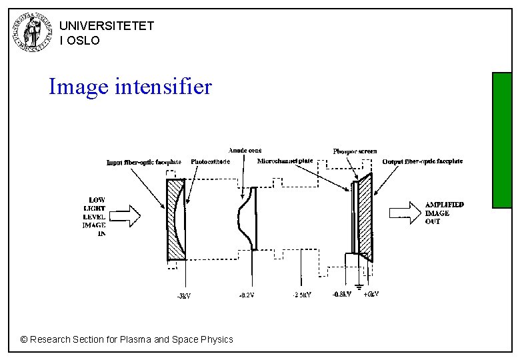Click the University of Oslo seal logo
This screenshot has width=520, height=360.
31,32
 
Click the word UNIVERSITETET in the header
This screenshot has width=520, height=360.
107,26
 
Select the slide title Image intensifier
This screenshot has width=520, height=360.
130,87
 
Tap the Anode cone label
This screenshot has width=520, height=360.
245,151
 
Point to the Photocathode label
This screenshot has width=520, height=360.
210,161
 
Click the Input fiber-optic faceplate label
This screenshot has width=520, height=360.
144,162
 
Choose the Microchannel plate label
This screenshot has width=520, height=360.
285,161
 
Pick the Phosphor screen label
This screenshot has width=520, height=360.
355,151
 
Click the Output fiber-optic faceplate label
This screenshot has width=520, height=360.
422,161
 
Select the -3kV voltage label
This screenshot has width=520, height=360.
183,296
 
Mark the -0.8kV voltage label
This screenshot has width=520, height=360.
343,295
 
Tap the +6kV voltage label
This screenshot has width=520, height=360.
371,295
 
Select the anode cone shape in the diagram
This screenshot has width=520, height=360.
245,218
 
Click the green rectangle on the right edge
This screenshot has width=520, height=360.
501,140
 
